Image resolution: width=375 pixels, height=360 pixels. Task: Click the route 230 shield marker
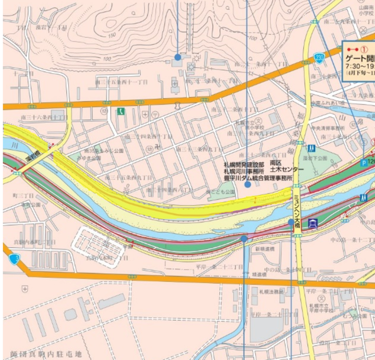[319, 57]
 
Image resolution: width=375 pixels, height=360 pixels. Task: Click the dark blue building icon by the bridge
[313, 224]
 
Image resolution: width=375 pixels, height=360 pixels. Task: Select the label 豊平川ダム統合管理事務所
[258, 178]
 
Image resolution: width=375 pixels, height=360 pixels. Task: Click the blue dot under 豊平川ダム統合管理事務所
[248, 185]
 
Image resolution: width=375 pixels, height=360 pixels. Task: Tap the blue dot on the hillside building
[178, 57]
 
